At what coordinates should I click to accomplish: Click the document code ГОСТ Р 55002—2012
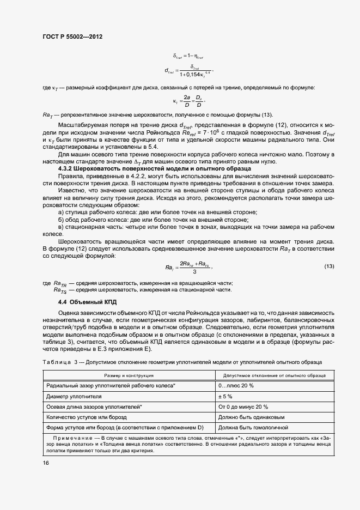(72, 37)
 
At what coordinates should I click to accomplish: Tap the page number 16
(45, 463)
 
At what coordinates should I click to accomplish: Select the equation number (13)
(328, 266)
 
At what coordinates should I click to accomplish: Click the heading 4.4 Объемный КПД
(88, 302)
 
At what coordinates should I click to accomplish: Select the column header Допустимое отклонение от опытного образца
(271, 375)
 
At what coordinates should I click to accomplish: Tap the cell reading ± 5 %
(225, 396)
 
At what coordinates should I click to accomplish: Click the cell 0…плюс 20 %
(236, 386)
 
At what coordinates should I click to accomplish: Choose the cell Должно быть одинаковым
(249, 417)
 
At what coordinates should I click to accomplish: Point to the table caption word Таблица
(57, 362)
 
